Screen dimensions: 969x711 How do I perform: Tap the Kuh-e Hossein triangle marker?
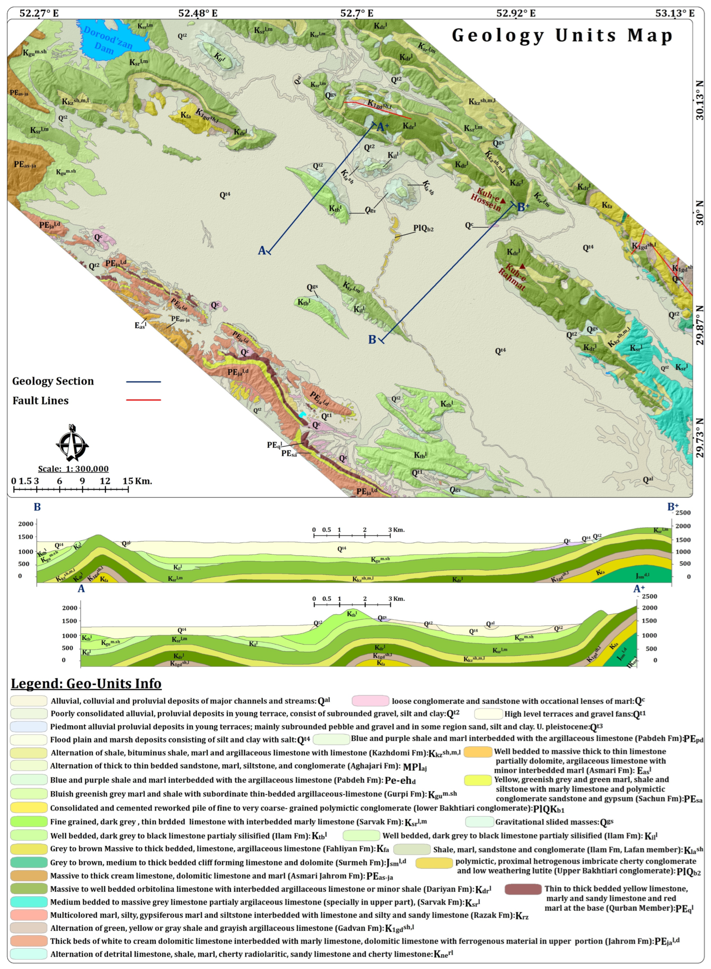503,200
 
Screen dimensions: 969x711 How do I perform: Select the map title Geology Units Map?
562,35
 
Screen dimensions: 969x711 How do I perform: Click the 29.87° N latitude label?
700,325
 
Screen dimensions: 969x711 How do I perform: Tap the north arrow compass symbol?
72,443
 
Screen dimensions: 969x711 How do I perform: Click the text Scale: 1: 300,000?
73,468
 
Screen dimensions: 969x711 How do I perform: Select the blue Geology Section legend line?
143,382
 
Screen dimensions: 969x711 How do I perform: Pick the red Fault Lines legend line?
143,400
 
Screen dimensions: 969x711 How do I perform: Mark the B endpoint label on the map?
372,339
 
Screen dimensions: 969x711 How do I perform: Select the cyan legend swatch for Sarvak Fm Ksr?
29,902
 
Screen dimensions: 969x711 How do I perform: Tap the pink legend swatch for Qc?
370,701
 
